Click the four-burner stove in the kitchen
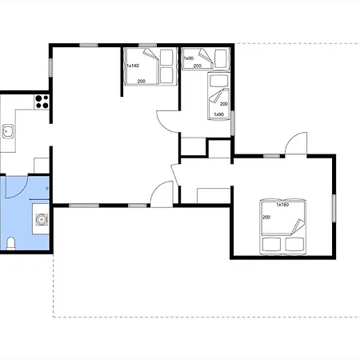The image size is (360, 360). [x=42, y=102]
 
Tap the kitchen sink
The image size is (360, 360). [x=8, y=131]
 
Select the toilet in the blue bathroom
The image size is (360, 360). [x=11, y=244]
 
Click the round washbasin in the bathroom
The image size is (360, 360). [x=42, y=220]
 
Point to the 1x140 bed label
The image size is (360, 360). [x=133, y=66]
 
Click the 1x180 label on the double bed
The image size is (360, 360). [x=282, y=205]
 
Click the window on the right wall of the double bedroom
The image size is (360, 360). [x=334, y=208]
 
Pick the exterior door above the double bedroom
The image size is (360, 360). [x=296, y=143]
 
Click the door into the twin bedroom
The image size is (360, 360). [x=167, y=122]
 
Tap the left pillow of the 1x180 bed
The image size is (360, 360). [x=271, y=244]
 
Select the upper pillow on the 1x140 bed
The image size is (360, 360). [x=166, y=58]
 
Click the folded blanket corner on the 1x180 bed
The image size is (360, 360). [x=298, y=226]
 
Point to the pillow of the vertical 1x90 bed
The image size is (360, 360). [x=218, y=81]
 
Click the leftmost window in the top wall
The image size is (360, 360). [x=89, y=45]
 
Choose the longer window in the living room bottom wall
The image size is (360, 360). [x=84, y=206]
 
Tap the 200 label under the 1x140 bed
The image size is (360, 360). [x=142, y=82]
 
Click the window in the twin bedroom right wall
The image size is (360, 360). [x=233, y=123]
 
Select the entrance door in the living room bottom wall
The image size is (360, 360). [x=162, y=194]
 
